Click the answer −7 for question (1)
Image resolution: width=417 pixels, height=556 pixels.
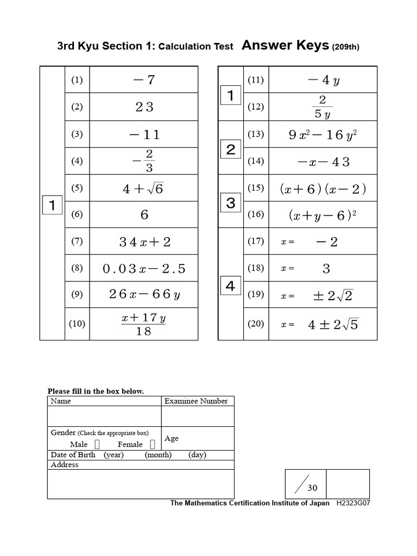pos(144,80)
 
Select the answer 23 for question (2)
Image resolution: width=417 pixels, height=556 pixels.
pos(144,107)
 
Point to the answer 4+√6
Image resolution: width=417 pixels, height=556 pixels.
pos(143,188)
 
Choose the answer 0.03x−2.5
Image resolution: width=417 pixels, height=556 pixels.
pos(144,268)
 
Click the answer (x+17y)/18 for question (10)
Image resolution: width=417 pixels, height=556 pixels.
pos(143,324)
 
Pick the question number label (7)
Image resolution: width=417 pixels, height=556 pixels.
pos(77,242)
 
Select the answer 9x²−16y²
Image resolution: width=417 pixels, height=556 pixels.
pos(323,135)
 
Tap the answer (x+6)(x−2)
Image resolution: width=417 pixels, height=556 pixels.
pos(323,188)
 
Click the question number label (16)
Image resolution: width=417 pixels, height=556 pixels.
pos(255,215)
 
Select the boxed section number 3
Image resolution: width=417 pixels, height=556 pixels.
pos(231,203)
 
